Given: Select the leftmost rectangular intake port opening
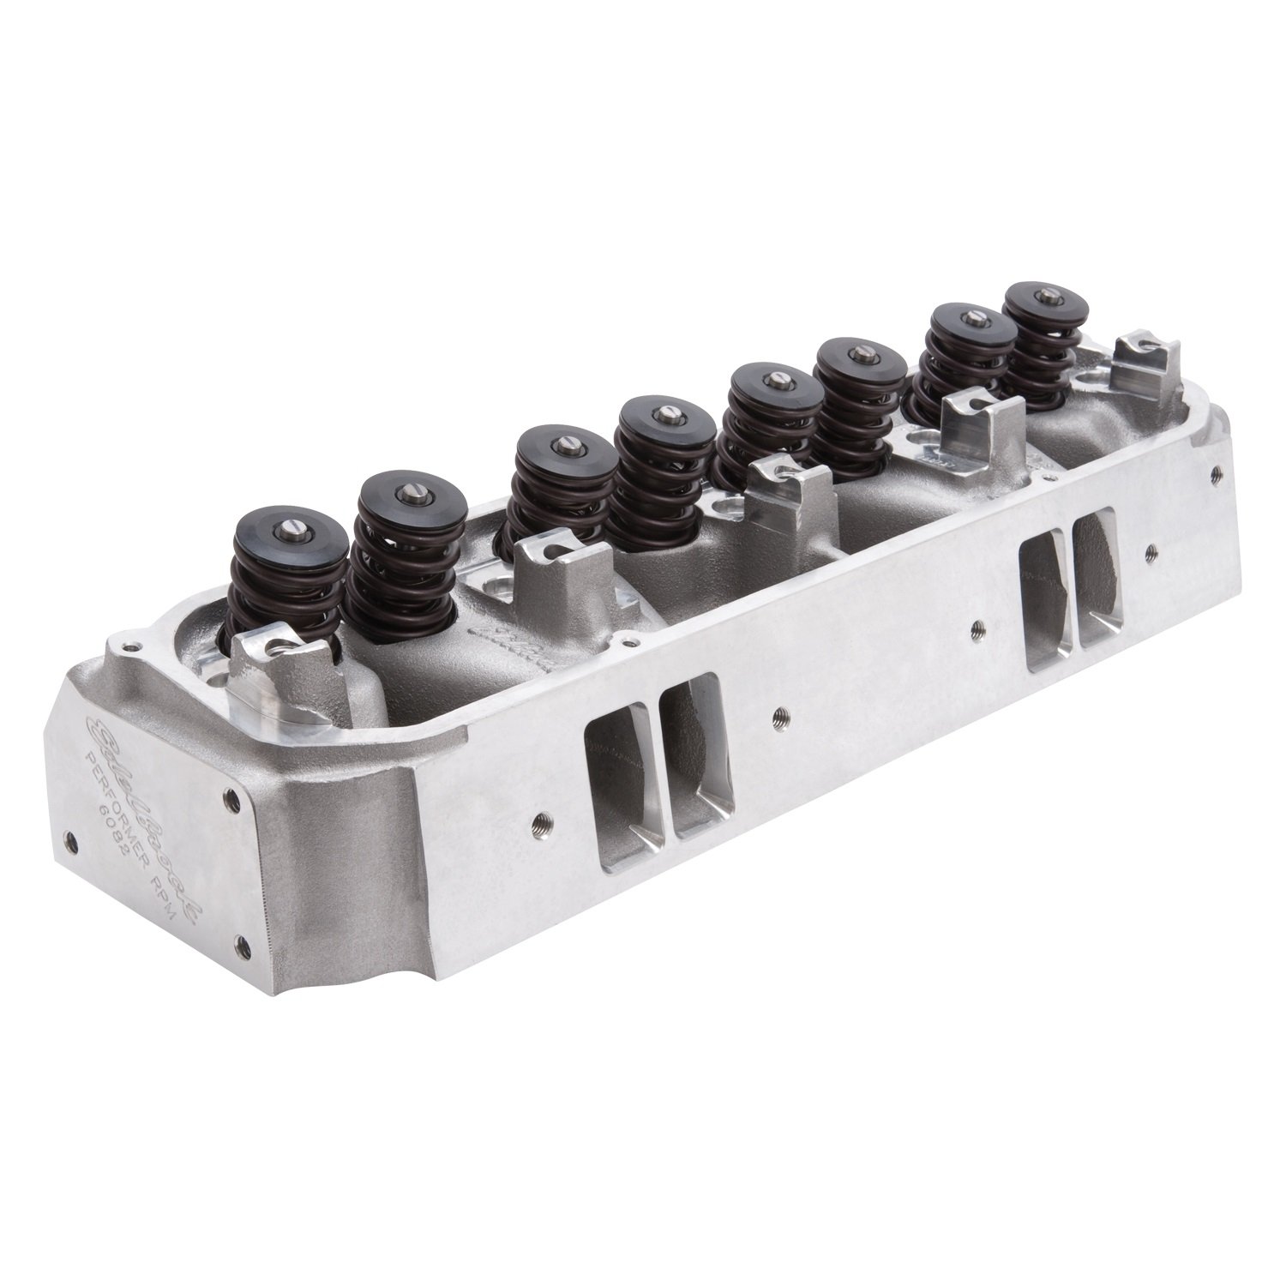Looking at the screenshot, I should point(616,772).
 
